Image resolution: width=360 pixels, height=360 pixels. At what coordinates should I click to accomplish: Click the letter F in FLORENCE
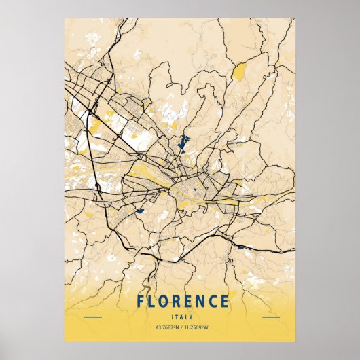coord(140,301)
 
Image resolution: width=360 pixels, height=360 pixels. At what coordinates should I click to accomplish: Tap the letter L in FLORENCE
coord(151,301)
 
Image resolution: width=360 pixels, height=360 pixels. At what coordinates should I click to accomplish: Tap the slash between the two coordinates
coord(180,329)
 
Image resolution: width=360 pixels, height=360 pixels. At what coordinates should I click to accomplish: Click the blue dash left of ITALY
coord(92,317)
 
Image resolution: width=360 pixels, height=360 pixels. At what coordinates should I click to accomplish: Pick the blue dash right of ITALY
coord(270,317)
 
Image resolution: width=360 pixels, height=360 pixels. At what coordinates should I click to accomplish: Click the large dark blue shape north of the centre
coord(183,141)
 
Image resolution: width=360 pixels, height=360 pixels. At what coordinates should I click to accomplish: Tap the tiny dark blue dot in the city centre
coord(195,190)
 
